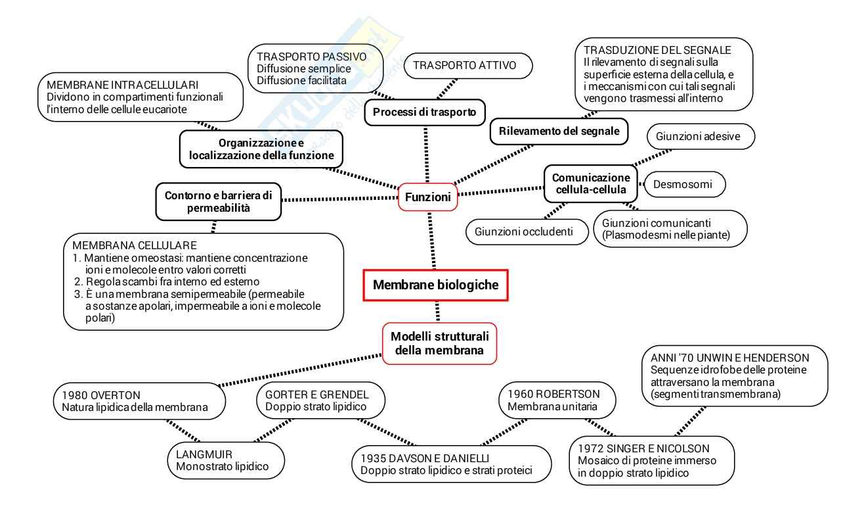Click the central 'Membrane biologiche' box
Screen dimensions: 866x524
435,285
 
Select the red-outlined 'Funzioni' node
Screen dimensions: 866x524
427,197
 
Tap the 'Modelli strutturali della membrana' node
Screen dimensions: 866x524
440,343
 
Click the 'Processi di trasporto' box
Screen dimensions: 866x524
425,112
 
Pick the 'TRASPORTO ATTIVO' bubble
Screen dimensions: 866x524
467,65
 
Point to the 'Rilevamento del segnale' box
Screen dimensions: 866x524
559,131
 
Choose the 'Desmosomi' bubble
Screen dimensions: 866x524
685,184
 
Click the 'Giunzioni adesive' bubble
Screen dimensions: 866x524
701,136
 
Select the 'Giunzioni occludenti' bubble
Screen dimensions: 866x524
527,231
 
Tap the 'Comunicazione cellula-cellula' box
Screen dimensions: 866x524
591,183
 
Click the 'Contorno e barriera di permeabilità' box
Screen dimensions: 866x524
219,202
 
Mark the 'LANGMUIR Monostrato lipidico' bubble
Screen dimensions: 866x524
226,460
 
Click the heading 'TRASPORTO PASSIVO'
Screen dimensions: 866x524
312,57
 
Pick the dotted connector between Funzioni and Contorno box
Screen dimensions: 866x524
340,199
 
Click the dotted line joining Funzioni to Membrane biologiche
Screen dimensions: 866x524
432,241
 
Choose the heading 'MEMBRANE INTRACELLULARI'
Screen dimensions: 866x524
123,85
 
